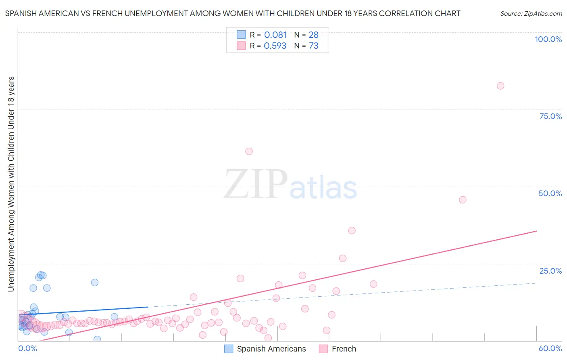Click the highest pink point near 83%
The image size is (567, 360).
point(500,86)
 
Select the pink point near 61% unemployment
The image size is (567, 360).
point(249,151)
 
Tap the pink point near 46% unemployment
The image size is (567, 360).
point(463,200)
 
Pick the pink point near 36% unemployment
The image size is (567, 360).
point(352,230)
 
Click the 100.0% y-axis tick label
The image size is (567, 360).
point(548,39)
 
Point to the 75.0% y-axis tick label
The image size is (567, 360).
point(550,116)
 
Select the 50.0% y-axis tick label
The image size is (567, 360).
point(550,193)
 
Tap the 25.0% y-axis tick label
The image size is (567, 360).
point(550,271)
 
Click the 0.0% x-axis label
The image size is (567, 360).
point(27,348)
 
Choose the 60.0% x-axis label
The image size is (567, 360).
point(550,348)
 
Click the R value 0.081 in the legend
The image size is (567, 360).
point(275,35)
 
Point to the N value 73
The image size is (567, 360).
point(313,46)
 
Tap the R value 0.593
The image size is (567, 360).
point(275,46)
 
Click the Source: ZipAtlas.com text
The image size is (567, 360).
point(531,13)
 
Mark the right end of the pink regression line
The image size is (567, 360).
point(536,231)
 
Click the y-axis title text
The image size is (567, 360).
point(11,184)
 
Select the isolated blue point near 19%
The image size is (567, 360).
point(95,283)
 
